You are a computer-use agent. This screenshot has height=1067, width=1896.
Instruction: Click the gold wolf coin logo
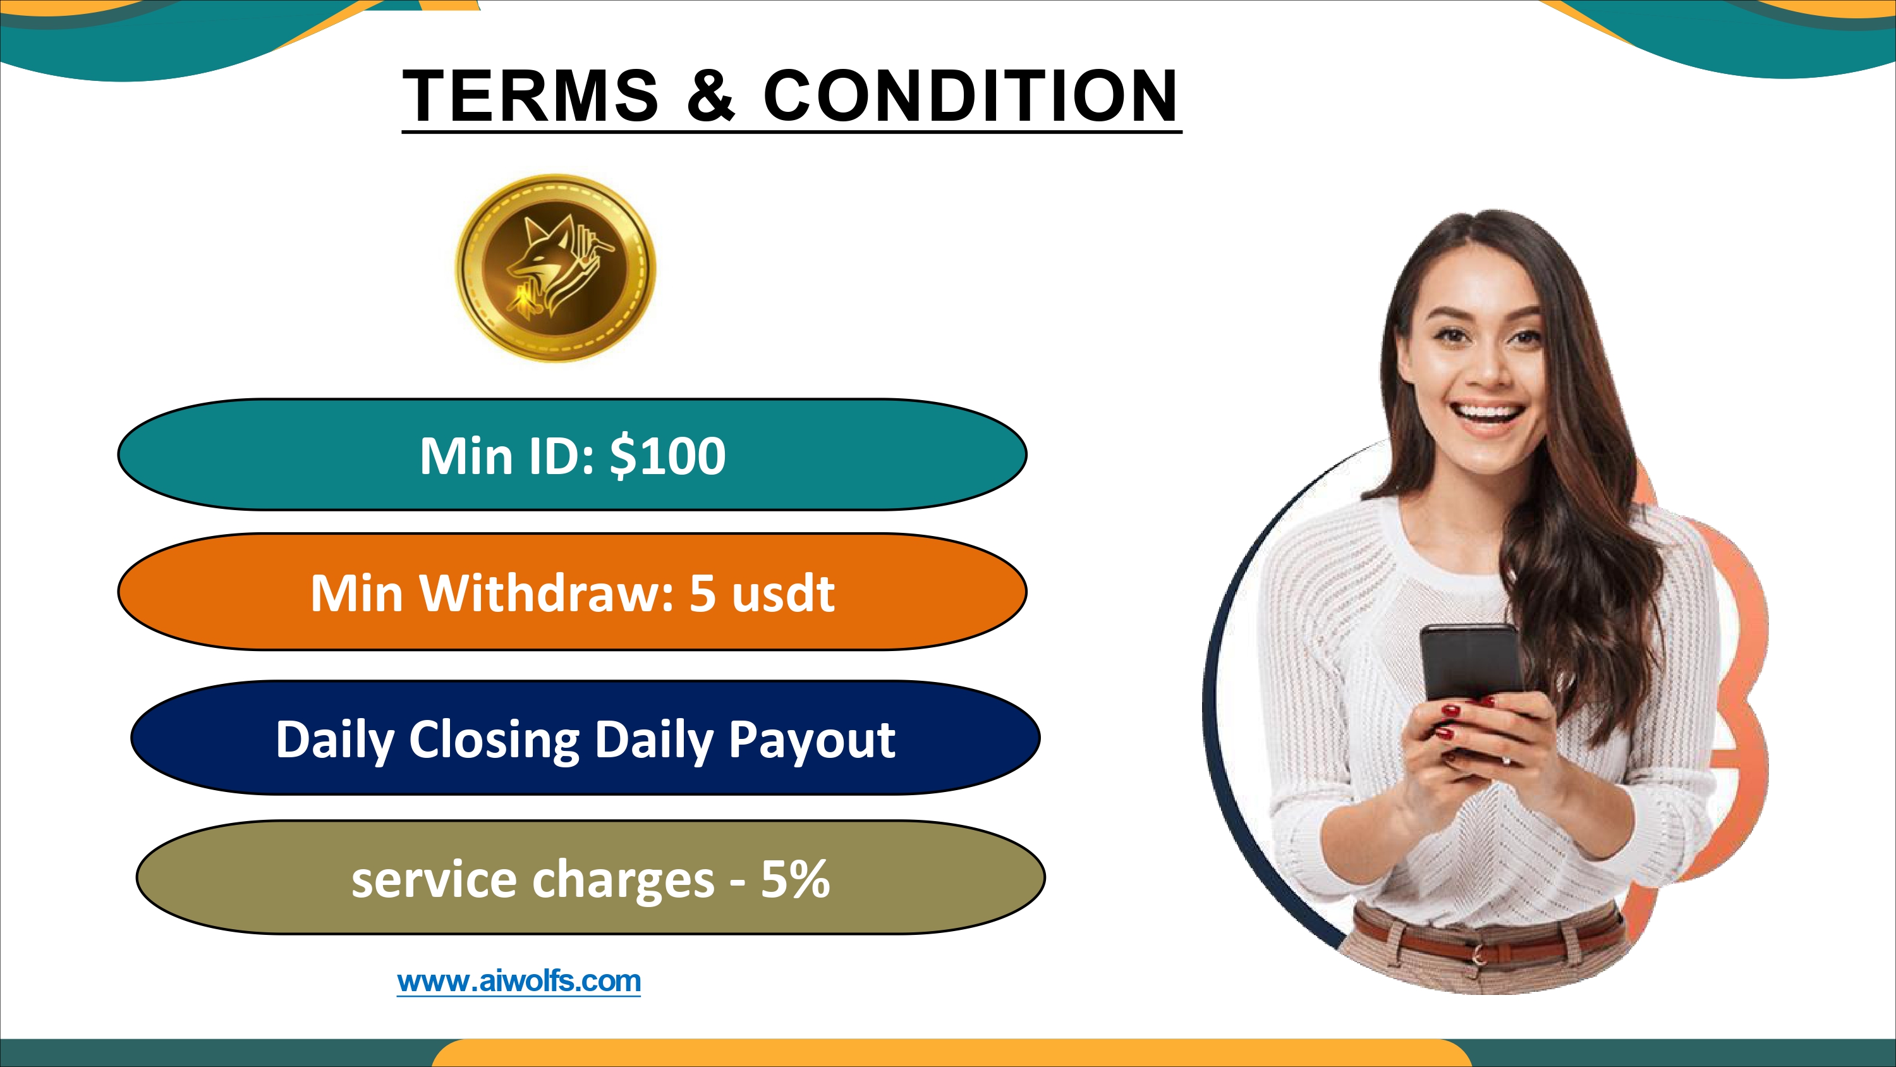click(556, 268)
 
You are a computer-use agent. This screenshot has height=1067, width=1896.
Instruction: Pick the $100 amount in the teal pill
click(667, 456)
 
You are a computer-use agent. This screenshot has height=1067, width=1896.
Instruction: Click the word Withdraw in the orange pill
click(546, 593)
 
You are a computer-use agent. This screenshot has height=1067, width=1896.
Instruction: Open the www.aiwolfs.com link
click(519, 981)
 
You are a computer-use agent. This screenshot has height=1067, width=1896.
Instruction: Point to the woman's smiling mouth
click(1490, 413)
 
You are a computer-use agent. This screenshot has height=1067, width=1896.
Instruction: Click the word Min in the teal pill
click(466, 456)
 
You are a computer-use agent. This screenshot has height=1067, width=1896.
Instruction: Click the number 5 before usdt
click(702, 594)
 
